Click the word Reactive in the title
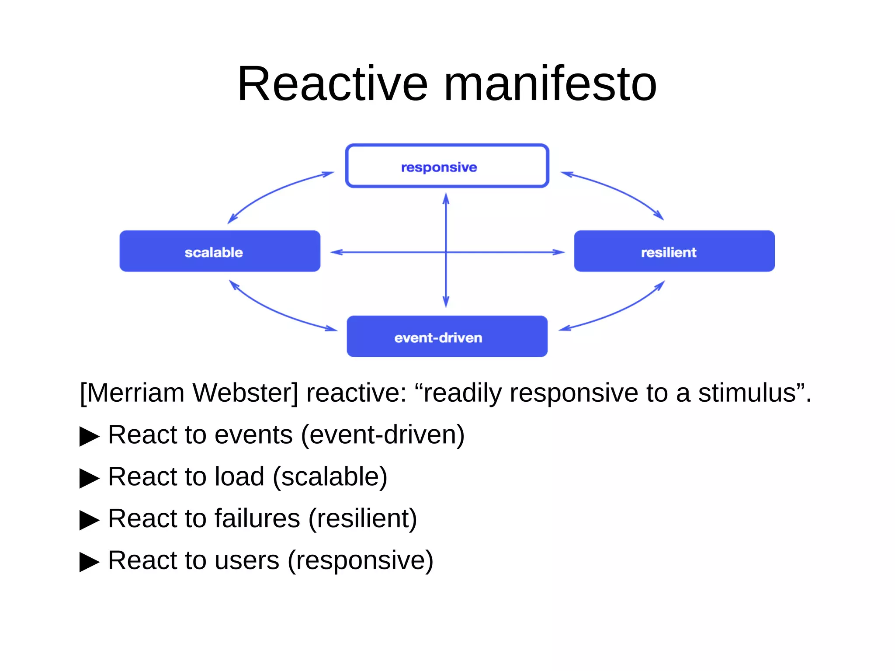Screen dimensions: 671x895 pyautogui.click(x=332, y=84)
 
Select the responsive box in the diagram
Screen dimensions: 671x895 pyautogui.click(x=447, y=166)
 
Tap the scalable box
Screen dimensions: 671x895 pyautogui.click(x=220, y=251)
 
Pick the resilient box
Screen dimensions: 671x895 pyautogui.click(x=674, y=251)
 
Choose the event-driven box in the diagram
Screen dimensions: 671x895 pyautogui.click(x=447, y=337)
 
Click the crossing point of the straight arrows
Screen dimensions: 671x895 pyautogui.click(x=446, y=252)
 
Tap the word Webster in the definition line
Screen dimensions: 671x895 pyautogui.click(x=245, y=393)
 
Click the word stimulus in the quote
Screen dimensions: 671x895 pyautogui.click(x=746, y=393)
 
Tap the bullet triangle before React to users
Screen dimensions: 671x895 pyautogui.click(x=89, y=562)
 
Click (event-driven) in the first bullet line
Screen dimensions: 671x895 pyautogui.click(x=383, y=435)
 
